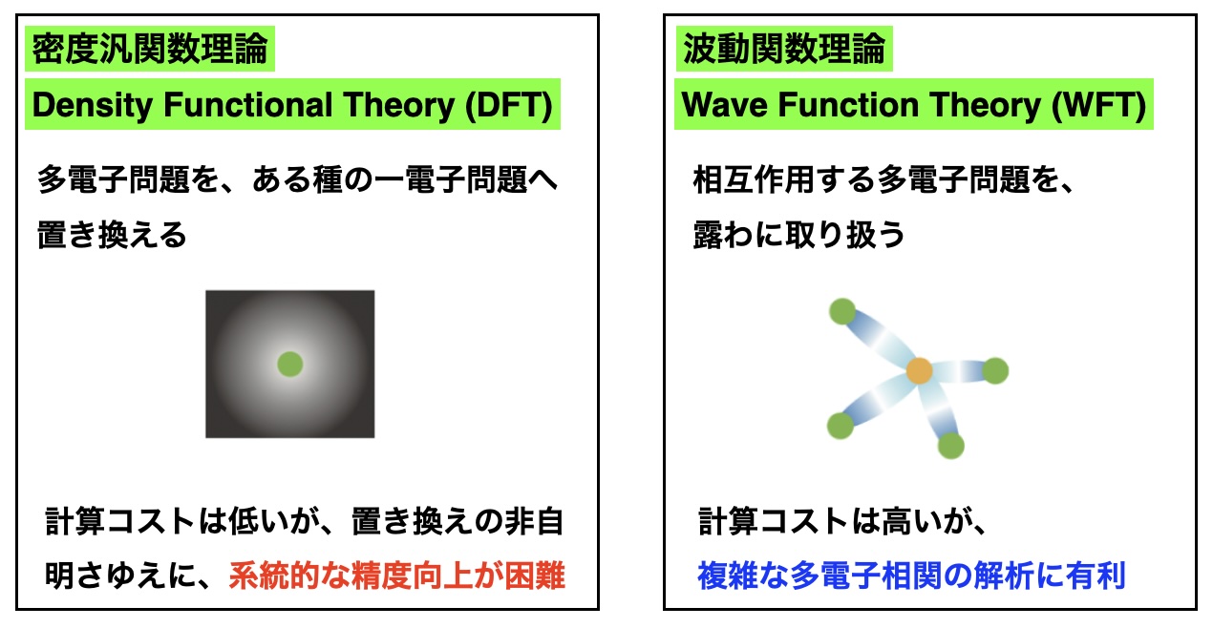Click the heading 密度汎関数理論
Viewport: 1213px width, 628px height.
pos(150,49)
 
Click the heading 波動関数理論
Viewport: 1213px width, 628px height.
pos(784,49)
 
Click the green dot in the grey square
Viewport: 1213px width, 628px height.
pos(290,364)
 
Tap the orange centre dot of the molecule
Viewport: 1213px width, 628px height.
pos(920,370)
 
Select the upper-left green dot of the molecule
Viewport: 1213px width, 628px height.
pos(842,311)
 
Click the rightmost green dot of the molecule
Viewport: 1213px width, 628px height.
pos(995,371)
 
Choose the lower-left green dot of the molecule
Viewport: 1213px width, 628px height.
pos(841,426)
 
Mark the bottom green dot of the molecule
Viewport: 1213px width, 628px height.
pos(951,446)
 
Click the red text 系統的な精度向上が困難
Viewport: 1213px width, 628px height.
pos(397,575)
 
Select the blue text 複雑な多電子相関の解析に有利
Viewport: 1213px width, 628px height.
pos(911,575)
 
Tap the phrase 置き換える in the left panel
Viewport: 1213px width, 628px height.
pos(112,236)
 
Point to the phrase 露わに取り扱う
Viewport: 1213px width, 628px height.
pos(799,236)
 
